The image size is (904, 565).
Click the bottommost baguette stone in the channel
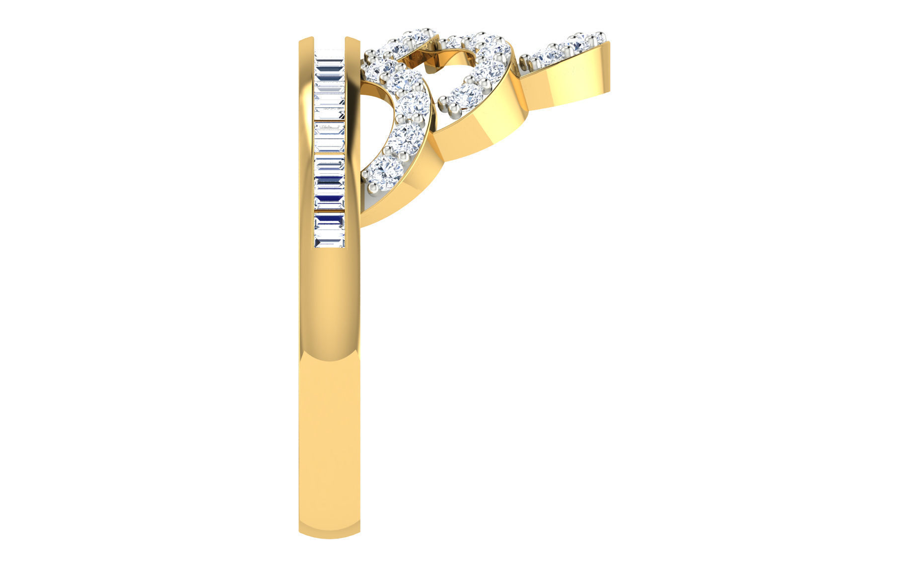coord(329,239)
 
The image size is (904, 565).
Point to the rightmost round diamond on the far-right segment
coord(600,38)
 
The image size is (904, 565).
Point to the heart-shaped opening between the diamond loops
coord(449,70)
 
